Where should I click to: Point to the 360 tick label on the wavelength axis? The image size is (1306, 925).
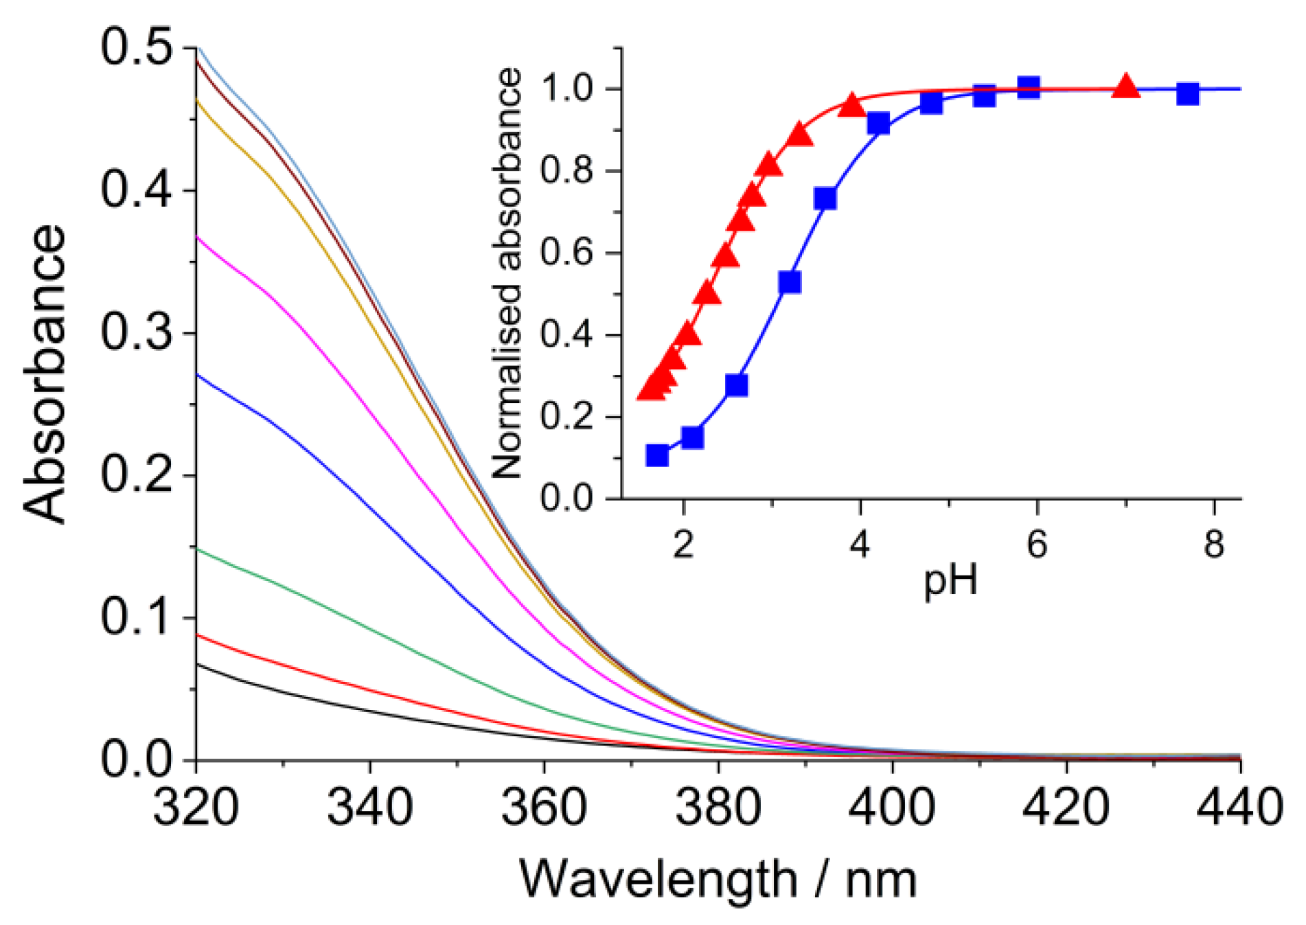543,807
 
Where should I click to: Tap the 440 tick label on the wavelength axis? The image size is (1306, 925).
1239,807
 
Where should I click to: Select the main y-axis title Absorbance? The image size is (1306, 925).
45,374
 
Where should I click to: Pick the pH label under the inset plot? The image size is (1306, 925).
950,580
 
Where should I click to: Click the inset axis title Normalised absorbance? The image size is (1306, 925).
509,273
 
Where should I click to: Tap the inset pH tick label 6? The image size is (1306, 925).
1036,544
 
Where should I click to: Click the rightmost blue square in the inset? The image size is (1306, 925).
1187,93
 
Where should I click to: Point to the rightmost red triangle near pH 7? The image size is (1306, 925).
1125,87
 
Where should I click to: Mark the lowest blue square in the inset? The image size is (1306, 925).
657,455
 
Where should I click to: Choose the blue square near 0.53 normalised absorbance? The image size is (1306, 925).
790,282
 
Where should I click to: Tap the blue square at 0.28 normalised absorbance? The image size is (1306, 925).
736,385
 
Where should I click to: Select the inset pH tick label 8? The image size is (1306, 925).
1214,544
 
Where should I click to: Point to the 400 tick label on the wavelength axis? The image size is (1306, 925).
892,807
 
